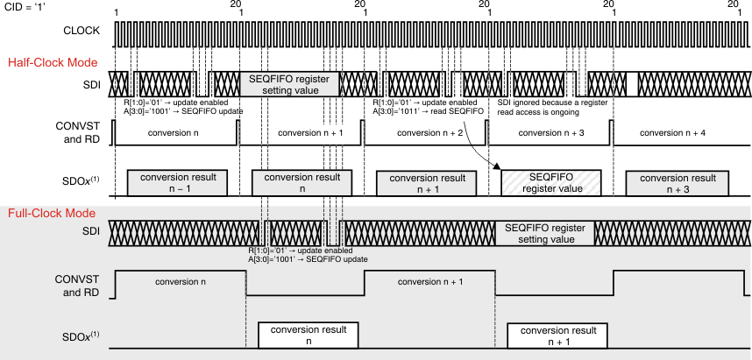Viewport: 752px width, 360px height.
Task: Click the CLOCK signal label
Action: (82, 32)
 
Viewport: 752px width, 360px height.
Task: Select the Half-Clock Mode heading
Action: (52, 62)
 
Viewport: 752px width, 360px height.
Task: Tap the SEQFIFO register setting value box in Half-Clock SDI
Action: (288, 83)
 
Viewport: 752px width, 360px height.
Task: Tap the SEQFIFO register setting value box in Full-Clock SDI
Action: (544, 232)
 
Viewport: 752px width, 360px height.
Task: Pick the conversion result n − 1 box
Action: (171, 182)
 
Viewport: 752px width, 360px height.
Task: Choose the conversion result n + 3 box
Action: (676, 182)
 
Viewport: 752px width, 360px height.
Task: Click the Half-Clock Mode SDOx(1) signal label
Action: (82, 182)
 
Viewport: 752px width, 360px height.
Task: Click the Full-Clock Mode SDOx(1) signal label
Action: (82, 335)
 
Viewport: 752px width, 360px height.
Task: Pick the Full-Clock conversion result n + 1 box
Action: (557, 335)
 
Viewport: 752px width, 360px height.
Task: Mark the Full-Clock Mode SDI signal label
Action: (91, 232)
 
